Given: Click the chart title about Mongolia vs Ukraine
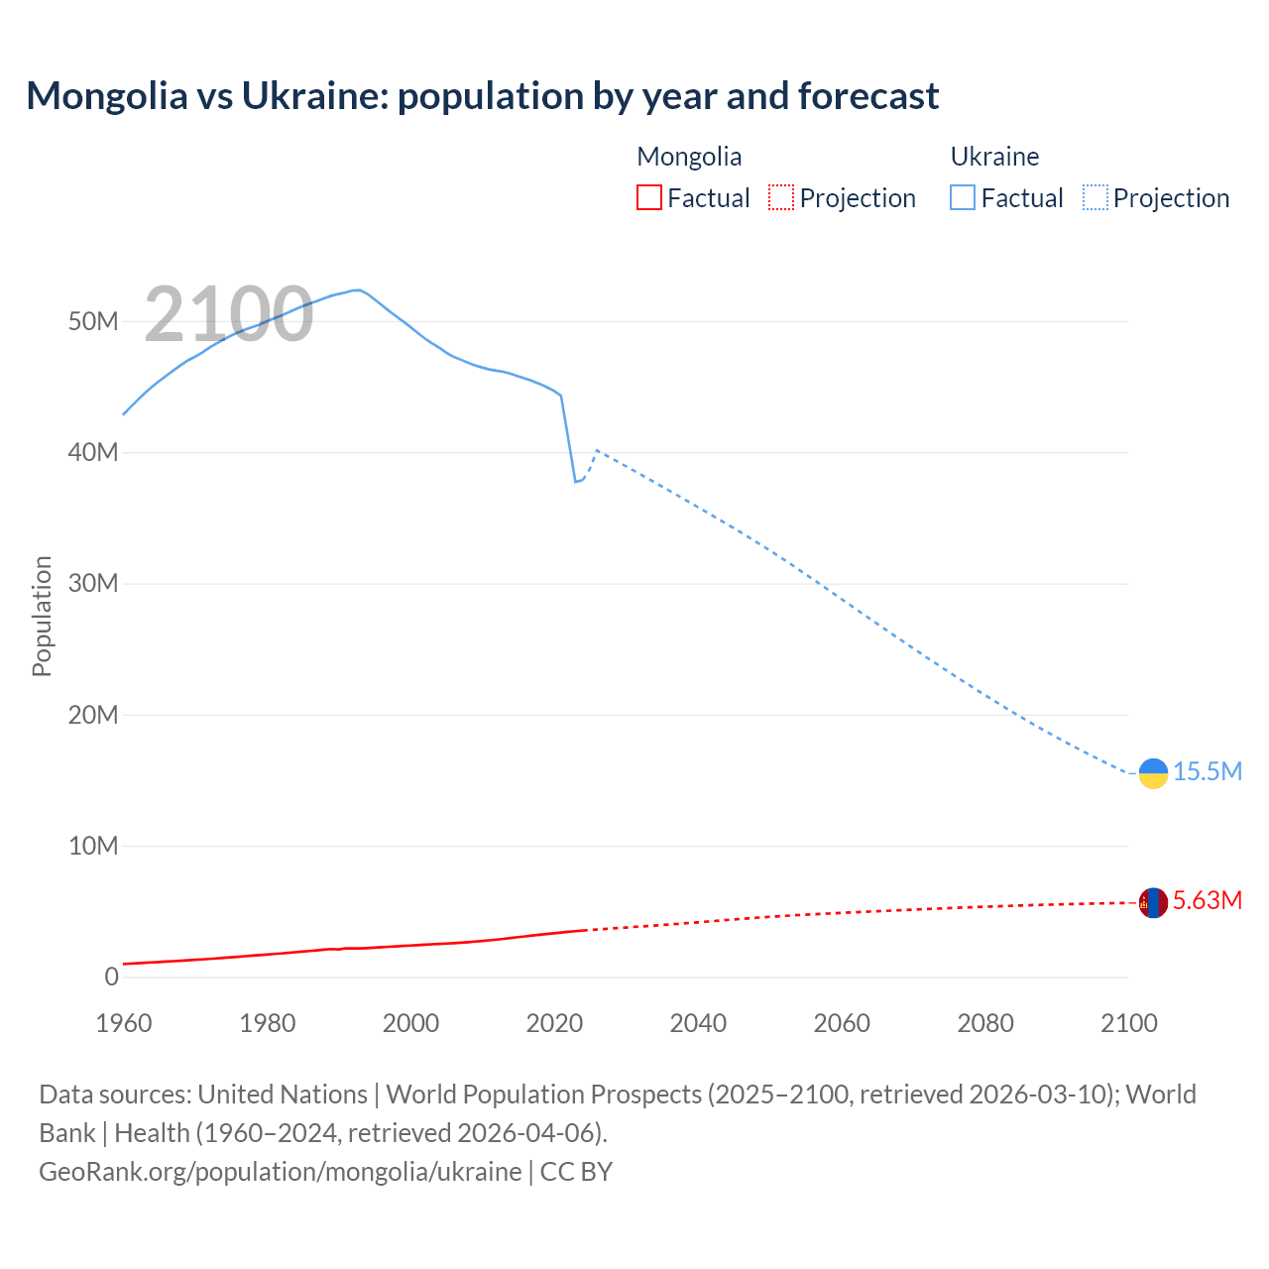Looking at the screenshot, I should point(482,96).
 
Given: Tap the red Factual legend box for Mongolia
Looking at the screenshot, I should point(648,197).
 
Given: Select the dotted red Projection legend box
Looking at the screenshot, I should point(781,197).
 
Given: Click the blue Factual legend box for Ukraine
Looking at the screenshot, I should point(962,197).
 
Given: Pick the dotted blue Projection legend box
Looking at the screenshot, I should point(1096,197).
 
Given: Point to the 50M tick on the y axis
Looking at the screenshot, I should point(93,321).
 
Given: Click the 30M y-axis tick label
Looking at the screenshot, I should point(93,583).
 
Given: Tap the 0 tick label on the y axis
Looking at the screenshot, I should point(111,977).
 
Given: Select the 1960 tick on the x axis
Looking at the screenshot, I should point(124,1023).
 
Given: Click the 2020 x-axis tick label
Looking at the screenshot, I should point(554,1023).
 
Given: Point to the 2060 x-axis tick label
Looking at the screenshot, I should point(842,1023).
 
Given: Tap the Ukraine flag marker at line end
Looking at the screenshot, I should point(1153,773).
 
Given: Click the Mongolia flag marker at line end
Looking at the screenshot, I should point(1153,902).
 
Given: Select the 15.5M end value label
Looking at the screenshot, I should point(1207,771).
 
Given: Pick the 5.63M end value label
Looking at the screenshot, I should point(1207,900).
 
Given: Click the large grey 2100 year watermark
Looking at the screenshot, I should point(229,314).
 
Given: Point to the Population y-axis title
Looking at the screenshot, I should point(42,616).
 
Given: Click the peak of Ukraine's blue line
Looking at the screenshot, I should point(357,289).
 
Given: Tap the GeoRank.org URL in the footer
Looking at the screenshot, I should point(280,1171).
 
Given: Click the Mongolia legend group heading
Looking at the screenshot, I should point(689,157).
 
